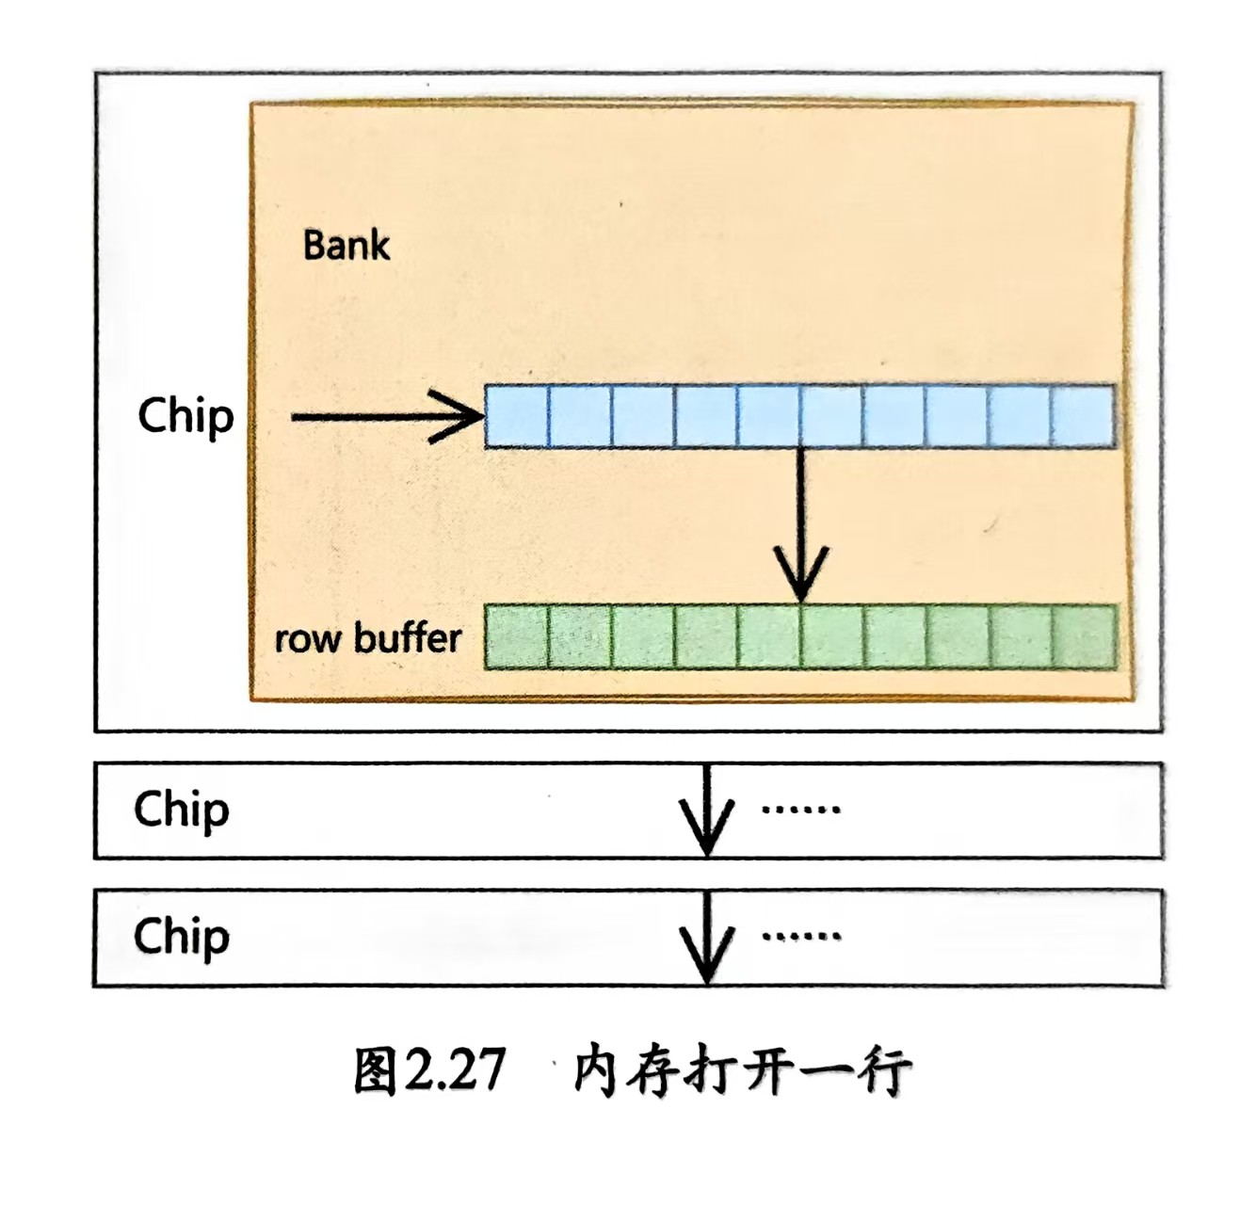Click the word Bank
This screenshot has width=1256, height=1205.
[346, 246]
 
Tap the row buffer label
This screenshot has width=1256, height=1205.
[367, 638]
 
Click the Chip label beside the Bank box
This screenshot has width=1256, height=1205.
[185, 416]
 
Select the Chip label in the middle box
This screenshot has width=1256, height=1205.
[181, 810]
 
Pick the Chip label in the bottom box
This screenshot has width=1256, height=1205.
[181, 937]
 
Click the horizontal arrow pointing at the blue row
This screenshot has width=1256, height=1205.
[386, 415]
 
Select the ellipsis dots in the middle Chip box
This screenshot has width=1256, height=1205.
[800, 810]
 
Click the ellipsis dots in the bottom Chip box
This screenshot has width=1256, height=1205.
[800, 937]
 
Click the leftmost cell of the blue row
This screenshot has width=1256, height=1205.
[516, 415]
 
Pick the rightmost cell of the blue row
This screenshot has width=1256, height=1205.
[1083, 415]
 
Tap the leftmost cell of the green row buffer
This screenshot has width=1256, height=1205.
[516, 637]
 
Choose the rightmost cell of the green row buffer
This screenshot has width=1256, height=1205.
[1085, 637]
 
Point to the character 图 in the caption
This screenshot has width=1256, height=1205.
[375, 1070]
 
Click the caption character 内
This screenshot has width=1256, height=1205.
[596, 1070]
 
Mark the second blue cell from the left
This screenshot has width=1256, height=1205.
[580, 415]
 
